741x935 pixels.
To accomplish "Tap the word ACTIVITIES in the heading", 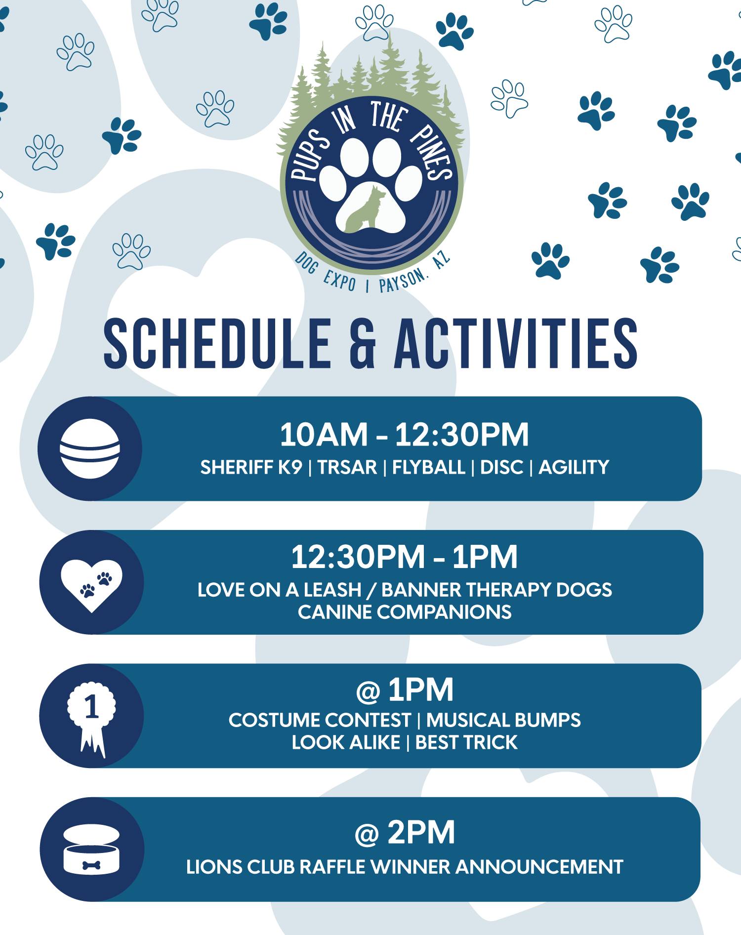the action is [516, 343].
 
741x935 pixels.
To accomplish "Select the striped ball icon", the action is [90, 448].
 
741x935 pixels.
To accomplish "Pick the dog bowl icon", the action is [92, 849].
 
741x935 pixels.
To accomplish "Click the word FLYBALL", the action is [428, 467].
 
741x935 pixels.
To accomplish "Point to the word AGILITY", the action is [574, 467].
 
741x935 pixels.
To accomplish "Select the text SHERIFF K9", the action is [251, 467].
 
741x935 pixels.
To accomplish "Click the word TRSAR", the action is [347, 467].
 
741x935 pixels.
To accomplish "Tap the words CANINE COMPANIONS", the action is [405, 612].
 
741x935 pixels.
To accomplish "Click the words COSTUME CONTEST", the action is [320, 720].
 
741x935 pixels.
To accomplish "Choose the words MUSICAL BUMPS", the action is [503, 720].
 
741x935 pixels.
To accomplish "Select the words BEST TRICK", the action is [466, 742].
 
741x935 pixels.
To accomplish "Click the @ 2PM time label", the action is [405, 833].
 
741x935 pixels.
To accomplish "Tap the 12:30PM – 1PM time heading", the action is [404, 557].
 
